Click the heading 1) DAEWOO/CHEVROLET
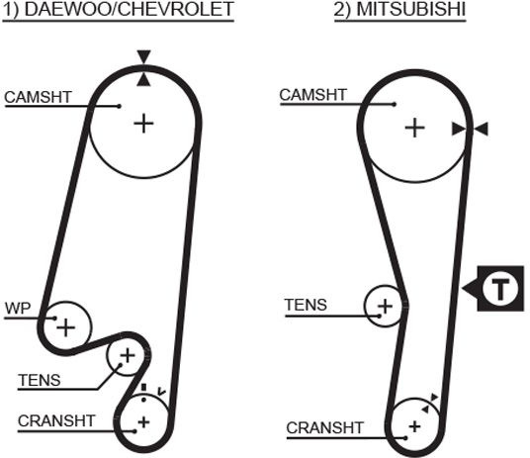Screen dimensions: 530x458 pyautogui.click(x=119, y=10)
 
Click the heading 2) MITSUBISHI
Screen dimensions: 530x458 pyautogui.click(x=400, y=10)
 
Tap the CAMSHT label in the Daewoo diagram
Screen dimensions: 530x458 pyautogui.click(x=39, y=97)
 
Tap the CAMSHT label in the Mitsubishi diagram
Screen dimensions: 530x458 pyautogui.click(x=313, y=95)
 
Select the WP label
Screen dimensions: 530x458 pyautogui.click(x=18, y=309)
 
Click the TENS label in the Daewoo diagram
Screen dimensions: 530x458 pyautogui.click(x=40, y=380)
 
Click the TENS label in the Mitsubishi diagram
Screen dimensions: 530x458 pyautogui.click(x=306, y=305)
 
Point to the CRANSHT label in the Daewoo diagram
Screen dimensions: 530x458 pyautogui.click(x=56, y=421)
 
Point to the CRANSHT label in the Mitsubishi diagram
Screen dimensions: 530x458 pyautogui.click(x=325, y=428)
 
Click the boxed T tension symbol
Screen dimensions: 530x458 pyautogui.click(x=493, y=289)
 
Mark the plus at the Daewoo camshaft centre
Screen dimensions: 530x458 pyautogui.click(x=143, y=124)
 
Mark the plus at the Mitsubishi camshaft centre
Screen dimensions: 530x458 pyautogui.click(x=414, y=129)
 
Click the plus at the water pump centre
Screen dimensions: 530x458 pyautogui.click(x=65, y=327)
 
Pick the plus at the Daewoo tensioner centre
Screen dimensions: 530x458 pyautogui.click(x=128, y=355)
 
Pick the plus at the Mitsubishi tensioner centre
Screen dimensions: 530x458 pyautogui.click(x=385, y=306)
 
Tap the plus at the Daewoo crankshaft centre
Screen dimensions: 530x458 pyautogui.click(x=143, y=422)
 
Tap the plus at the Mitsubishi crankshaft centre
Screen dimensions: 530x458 pyautogui.click(x=414, y=426)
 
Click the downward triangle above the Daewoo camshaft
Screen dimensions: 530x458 pyautogui.click(x=143, y=56)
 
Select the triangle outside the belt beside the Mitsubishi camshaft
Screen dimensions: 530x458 pyautogui.click(x=481, y=130)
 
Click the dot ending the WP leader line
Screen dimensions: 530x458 pyautogui.click(x=54, y=319)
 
